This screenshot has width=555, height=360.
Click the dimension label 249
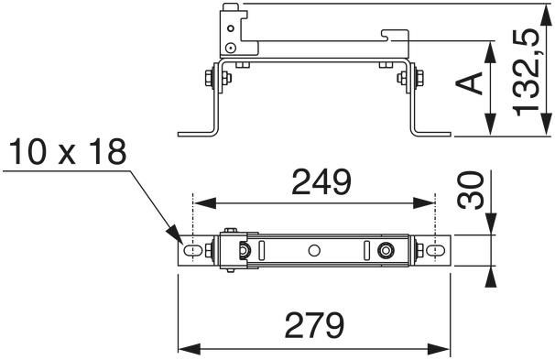(321, 182)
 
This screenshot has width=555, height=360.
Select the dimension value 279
(315, 325)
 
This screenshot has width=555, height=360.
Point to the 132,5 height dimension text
(527, 72)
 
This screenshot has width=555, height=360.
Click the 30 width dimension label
(471, 191)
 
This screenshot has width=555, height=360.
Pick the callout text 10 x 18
(68, 152)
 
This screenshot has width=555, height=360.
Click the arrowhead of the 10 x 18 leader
(175, 235)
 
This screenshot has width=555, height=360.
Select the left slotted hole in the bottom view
(193, 251)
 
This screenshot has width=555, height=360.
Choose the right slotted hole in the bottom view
(435, 251)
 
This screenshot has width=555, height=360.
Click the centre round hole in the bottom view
(314, 251)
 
